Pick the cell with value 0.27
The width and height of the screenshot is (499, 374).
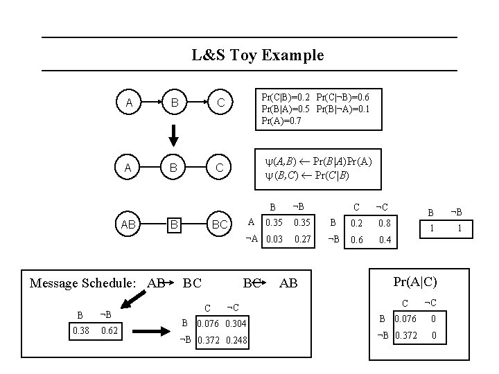tap(302, 240)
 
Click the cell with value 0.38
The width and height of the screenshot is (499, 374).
tap(81, 331)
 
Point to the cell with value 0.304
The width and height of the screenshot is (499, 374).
tap(237, 323)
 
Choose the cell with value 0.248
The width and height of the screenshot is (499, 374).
tap(237, 340)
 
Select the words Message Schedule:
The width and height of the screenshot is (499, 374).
tap(85, 283)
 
